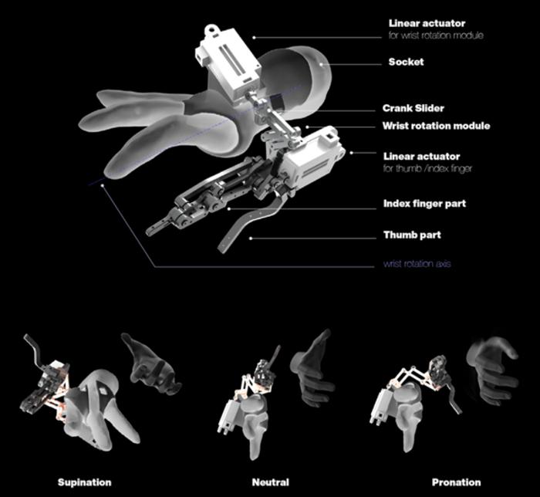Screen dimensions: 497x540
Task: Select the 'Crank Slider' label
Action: [x=412, y=109]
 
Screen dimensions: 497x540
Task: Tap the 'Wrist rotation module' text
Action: [x=436, y=126]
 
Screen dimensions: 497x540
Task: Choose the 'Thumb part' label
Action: [x=412, y=235]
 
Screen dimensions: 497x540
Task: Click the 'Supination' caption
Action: [x=84, y=482]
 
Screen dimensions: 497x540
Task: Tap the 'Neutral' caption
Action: [x=271, y=482]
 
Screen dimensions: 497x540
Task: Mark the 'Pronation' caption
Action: [x=456, y=482]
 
